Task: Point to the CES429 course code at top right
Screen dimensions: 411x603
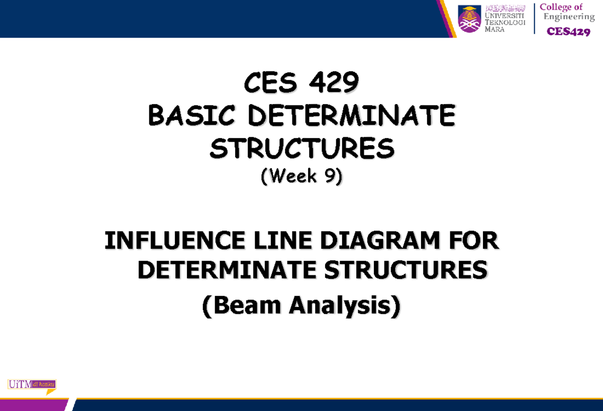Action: [568, 32]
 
